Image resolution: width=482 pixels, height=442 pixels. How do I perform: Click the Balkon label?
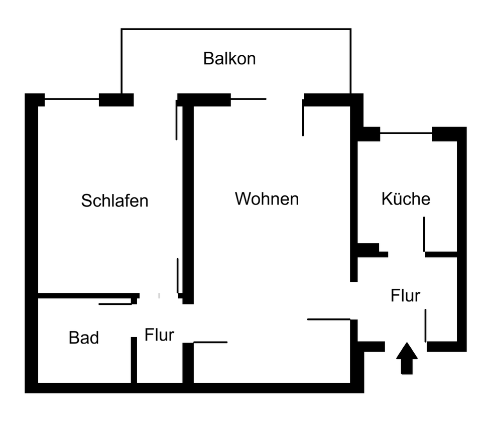229,59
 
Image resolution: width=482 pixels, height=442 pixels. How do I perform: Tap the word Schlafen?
114,201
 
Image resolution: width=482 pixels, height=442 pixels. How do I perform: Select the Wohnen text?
267,199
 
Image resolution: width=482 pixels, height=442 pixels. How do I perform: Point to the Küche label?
406,199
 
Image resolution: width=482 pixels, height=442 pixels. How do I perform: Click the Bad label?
84,338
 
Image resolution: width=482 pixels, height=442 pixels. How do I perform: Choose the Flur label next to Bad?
159,335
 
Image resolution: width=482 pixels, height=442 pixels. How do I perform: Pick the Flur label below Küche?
405,296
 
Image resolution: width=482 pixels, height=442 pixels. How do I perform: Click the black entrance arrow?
407,359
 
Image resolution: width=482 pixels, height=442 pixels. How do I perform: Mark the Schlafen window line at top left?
71,99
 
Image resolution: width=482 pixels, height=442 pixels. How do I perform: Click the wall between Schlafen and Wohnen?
188,201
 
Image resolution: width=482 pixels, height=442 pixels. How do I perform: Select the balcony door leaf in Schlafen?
176,121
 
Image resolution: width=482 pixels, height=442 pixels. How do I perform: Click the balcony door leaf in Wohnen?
303,118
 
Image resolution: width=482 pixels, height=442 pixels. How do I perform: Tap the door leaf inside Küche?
424,234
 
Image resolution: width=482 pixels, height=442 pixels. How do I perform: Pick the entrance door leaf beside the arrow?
426,325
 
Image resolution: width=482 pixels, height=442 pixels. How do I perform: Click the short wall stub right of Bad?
134,360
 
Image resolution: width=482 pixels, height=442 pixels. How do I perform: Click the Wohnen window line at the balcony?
248,99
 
